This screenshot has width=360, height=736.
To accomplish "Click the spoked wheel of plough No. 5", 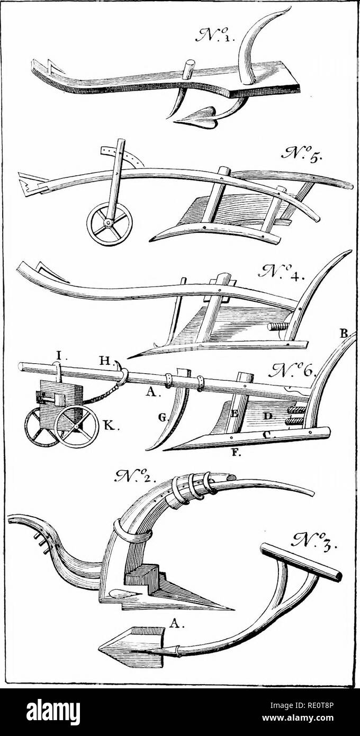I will (x=109, y=226).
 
